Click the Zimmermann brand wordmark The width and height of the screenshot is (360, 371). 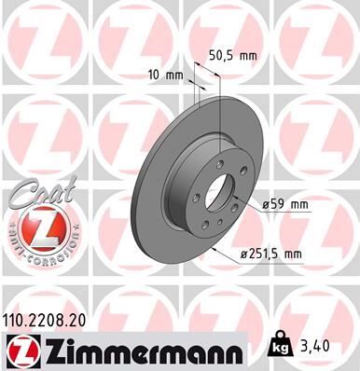click(x=144, y=350)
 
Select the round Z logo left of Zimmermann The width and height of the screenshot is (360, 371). click(x=21, y=350)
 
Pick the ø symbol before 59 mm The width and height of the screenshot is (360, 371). click(x=267, y=204)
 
